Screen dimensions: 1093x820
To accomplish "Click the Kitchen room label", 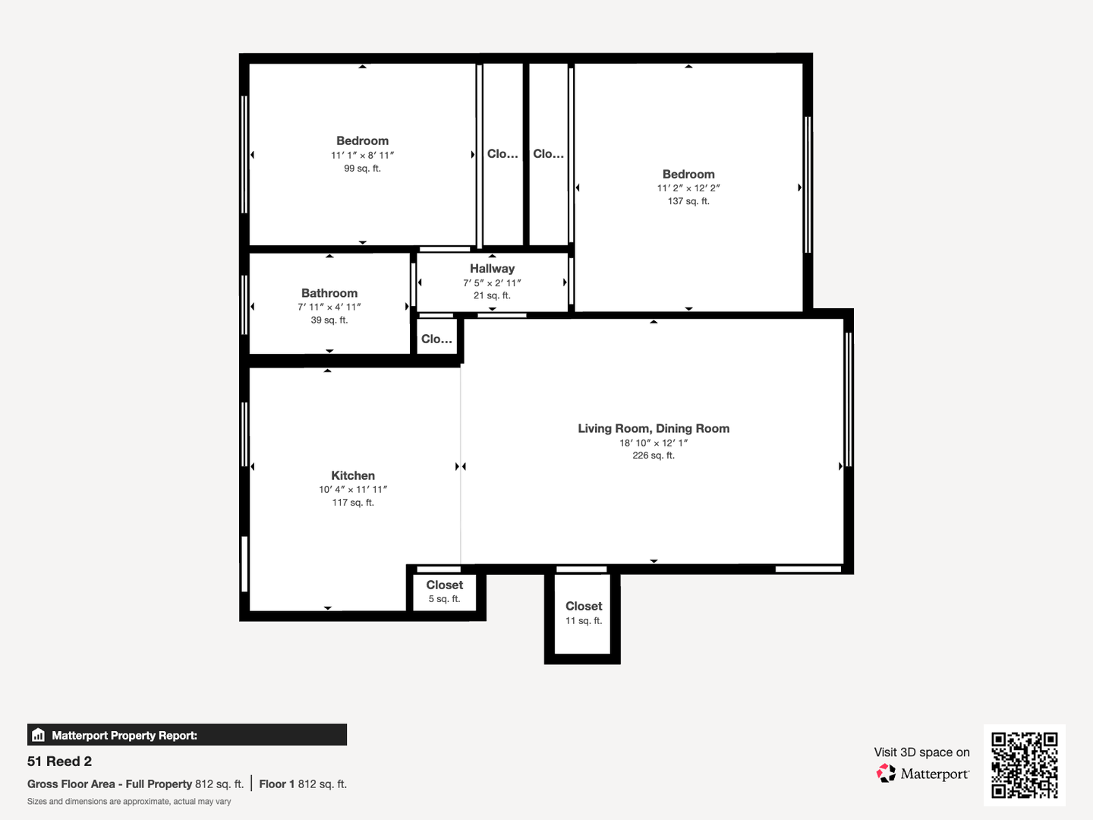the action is click(x=353, y=475).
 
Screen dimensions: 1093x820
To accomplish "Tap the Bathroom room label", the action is click(x=329, y=293).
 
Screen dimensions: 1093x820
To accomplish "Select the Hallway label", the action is click(x=492, y=268).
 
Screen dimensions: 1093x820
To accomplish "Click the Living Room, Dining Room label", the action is click(x=654, y=429).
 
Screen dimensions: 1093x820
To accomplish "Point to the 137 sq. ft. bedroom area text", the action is click(x=688, y=201).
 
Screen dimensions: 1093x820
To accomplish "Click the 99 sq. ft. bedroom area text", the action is click(x=362, y=169).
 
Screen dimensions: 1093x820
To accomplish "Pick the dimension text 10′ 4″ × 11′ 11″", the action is click(x=353, y=490).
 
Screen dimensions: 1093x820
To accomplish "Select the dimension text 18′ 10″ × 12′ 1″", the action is click(x=654, y=443).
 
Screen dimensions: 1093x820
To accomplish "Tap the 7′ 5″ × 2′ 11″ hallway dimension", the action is click(x=492, y=282).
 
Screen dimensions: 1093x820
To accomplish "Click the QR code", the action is click(x=1024, y=765).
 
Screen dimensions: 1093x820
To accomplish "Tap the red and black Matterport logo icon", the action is click(x=886, y=773).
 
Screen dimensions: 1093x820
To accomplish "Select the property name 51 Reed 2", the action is click(x=59, y=762).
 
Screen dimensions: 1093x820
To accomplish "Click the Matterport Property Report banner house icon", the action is click(x=39, y=735).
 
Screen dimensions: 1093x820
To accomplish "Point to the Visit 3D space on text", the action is click(x=921, y=752).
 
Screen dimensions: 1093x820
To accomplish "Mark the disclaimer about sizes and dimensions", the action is click(x=129, y=802).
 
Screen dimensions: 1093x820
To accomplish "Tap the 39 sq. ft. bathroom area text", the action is click(x=329, y=320).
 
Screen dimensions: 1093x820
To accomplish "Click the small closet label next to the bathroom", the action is click(x=436, y=339).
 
